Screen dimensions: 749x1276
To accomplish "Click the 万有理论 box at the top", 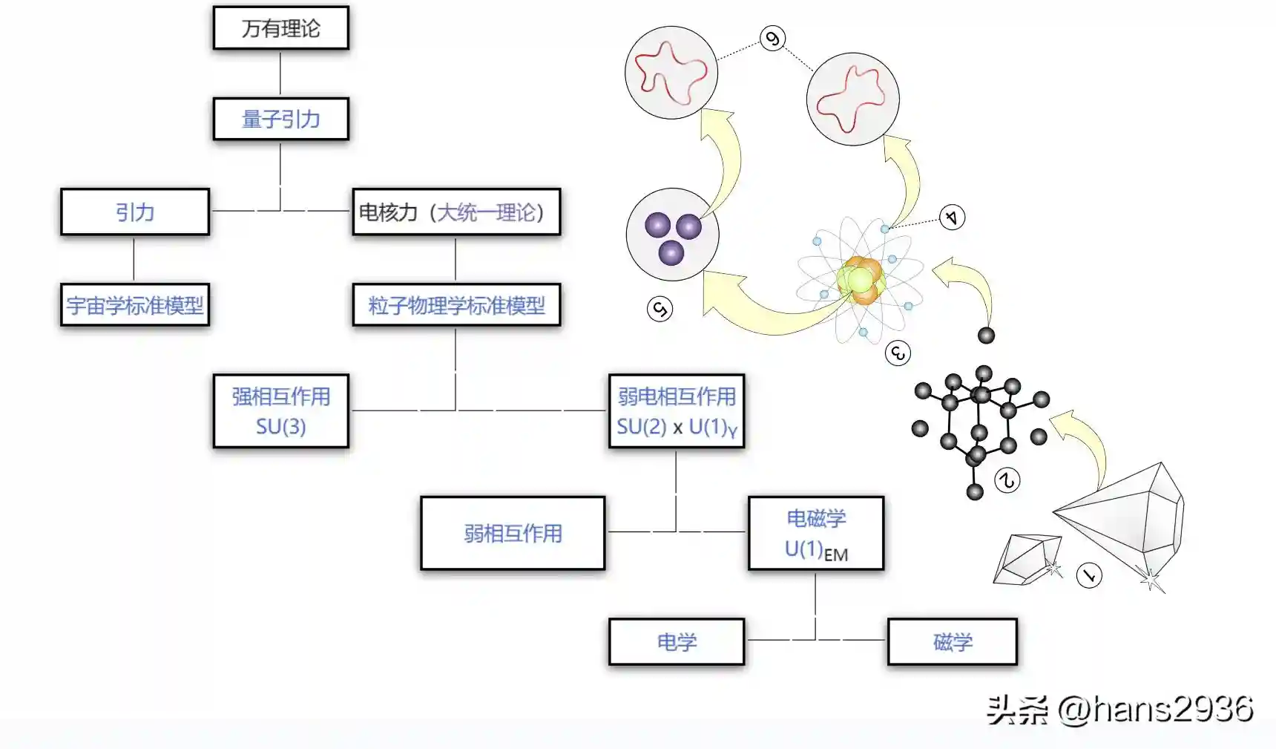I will (280, 28).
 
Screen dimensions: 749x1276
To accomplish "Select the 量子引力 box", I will (280, 119).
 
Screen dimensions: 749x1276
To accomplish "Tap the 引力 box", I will (135, 212).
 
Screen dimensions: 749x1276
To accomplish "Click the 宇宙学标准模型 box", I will (135, 305).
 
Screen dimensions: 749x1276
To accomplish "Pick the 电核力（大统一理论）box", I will (456, 212).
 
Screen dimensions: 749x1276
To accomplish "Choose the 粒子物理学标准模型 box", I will (456, 305).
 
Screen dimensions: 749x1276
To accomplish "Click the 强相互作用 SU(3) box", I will (280, 411).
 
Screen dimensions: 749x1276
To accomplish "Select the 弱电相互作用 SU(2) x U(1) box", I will (676, 411).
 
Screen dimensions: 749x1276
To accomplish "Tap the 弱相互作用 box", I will (513, 533).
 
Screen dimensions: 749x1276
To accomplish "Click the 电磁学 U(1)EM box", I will (815, 533).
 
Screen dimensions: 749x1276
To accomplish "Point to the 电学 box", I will (676, 641).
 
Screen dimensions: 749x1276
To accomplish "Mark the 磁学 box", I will (952, 641).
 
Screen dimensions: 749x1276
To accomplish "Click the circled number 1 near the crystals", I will (1089, 575).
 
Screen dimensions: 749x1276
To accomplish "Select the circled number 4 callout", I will (952, 217).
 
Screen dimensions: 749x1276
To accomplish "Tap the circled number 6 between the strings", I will (773, 39).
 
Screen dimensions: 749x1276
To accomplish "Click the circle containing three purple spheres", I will (672, 235).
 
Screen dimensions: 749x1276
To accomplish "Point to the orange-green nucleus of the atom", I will (861, 281).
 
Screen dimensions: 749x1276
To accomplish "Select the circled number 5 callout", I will (660, 309).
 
